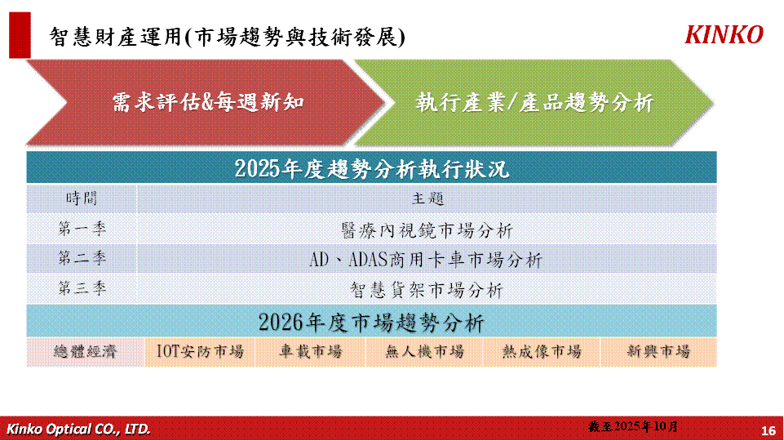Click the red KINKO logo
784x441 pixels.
[724, 35]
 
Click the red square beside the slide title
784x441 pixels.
[20, 35]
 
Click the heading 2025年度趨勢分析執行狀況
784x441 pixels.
[371, 168]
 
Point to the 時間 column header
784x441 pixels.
[81, 198]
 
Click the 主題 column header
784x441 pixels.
[427, 198]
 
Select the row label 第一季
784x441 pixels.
[82, 229]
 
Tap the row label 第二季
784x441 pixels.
[82, 258]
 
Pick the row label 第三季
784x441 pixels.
[82, 288]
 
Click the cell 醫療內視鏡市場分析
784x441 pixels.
[427, 230]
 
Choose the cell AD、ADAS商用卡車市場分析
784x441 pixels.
[426, 260]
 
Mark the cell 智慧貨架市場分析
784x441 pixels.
[427, 290]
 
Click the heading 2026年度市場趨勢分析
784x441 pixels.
[371, 322]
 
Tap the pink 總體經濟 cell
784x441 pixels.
[85, 352]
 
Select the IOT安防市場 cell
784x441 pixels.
[200, 352]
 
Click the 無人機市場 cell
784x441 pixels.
[424, 352]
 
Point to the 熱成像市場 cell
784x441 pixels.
[542, 352]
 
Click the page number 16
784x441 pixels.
[768, 430]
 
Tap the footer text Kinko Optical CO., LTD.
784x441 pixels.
[78, 429]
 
